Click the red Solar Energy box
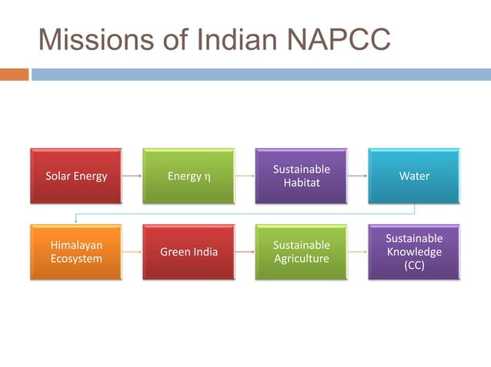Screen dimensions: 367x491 pos(75,177)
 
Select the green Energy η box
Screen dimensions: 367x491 pos(189,177)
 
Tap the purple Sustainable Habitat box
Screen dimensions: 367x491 pos(301,176)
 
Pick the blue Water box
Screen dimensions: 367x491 pos(414,177)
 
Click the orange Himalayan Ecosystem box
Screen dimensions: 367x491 pos(75,252)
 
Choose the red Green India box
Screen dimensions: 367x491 pos(189,252)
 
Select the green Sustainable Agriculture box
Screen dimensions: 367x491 pos(301,252)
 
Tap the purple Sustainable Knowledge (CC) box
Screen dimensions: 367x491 pos(414,252)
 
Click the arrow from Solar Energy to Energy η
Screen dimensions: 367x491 pos(132,177)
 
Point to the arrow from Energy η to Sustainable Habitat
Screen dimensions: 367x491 pos(245,177)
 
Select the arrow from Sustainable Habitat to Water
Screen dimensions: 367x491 pos(357,177)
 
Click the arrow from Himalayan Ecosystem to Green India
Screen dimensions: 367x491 pos(132,252)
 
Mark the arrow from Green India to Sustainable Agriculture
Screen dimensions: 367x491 pos(245,252)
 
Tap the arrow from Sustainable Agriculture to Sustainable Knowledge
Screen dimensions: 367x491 pos(357,252)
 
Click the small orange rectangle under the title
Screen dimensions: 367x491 pos(14,74)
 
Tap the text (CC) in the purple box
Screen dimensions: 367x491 pos(414,266)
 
